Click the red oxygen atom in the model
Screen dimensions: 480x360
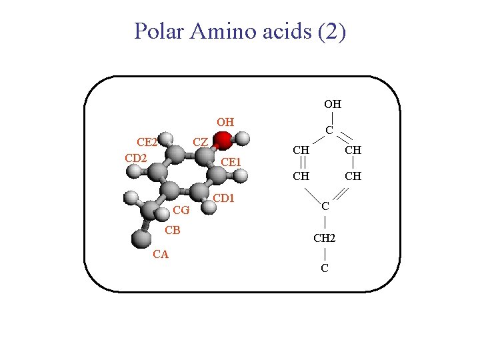coord(223,140)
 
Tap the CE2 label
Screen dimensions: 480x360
coord(147,142)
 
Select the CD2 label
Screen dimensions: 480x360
coord(136,158)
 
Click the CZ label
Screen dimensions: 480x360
coord(200,142)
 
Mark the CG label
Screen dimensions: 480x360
coord(181,211)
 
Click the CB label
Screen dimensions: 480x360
coord(173,231)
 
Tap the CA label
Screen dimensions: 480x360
coord(161,254)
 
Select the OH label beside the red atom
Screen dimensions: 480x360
coord(225,122)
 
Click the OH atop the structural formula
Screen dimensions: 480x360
coord(333,104)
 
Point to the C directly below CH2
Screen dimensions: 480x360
coord(324,269)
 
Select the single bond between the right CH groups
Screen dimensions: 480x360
coord(353,163)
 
